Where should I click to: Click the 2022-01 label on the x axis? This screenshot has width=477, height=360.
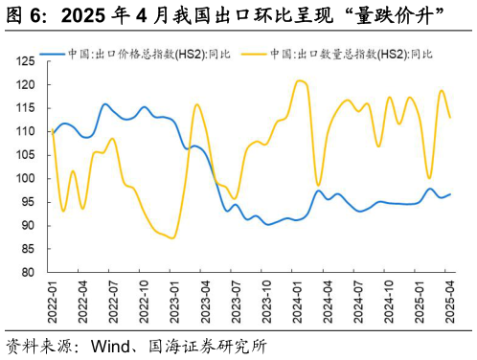click(52, 301)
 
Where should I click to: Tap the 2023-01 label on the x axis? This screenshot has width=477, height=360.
click(173, 301)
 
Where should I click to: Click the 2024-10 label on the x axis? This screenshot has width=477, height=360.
click(389, 301)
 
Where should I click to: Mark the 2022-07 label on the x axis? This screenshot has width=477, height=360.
click(112, 301)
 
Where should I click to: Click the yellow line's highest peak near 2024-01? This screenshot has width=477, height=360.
click(300, 80)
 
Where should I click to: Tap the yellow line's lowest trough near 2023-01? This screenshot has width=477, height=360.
click(172, 237)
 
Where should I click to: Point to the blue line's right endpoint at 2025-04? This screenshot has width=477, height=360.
click(450, 194)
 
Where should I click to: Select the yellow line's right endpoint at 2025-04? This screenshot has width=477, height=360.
click(450, 118)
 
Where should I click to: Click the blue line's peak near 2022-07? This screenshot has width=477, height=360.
click(105, 104)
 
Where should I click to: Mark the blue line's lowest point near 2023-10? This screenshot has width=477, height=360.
click(267, 224)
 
